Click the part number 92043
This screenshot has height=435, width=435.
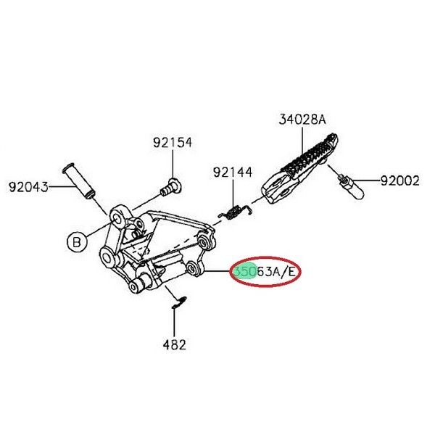click(28, 187)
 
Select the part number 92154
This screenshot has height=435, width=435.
click(172, 143)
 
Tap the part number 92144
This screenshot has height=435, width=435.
click(232, 173)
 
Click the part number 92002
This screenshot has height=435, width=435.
click(400, 181)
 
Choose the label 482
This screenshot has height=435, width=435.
click(174, 344)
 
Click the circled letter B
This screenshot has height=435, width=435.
click(76, 241)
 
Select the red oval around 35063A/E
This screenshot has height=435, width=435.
click(265, 272)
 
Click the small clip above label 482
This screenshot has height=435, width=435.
click(177, 301)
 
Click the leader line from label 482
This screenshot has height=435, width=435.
click(175, 323)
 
